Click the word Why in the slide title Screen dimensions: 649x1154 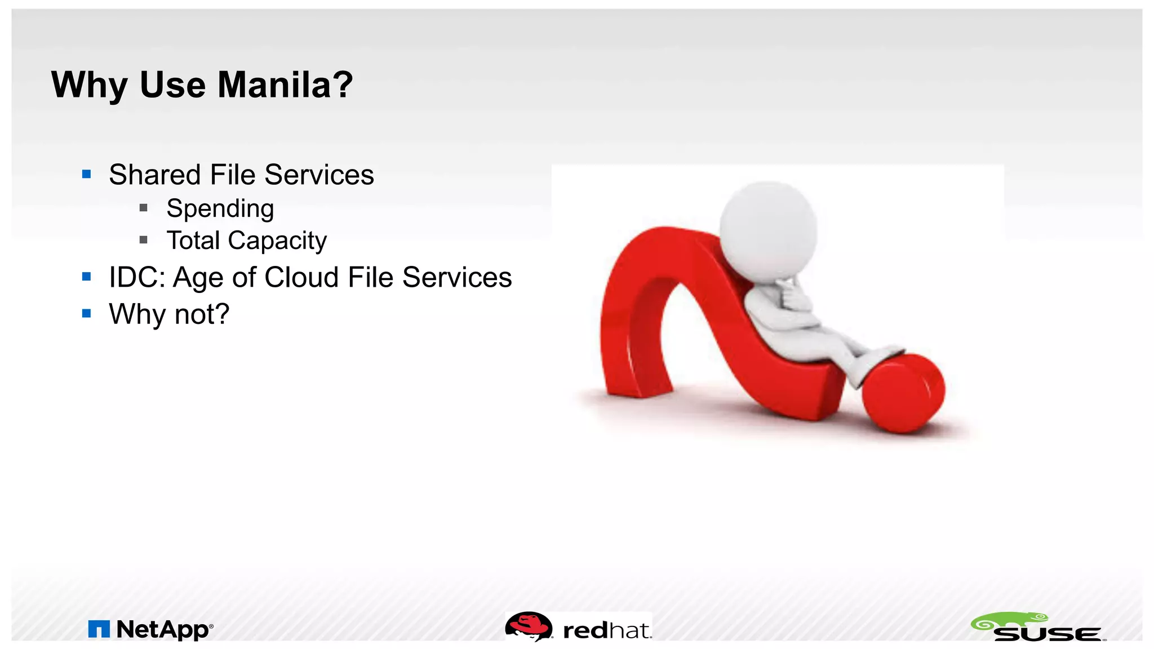[89, 85]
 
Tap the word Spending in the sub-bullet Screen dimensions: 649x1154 [220, 208]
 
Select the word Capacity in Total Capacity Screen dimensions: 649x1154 [277, 241]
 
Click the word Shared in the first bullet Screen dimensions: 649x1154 [154, 175]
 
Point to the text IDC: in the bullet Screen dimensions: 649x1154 [137, 277]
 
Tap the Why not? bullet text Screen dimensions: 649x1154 [169, 314]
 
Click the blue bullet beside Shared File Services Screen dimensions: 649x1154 [86, 174]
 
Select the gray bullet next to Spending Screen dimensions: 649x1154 [144, 208]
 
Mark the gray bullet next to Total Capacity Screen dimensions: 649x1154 [144, 240]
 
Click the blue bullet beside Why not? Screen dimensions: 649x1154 [86, 313]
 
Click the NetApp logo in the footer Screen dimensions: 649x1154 [151, 629]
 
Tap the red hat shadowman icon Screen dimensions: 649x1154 [529, 626]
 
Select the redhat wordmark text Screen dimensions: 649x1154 [607, 630]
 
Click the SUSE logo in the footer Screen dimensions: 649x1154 [1038, 628]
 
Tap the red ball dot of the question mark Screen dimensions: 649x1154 [903, 393]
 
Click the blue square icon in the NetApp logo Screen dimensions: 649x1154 [99, 629]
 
